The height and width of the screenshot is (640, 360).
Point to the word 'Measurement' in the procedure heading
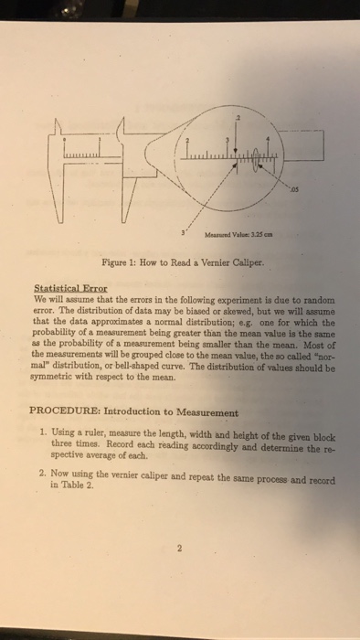[x=212, y=412]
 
